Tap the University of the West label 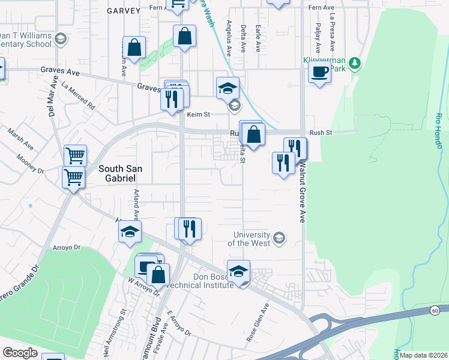click(250, 239)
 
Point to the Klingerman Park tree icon click(355, 62)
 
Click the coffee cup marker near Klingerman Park click(319, 73)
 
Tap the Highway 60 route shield click(435, 310)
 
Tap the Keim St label click(198, 114)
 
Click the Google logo click(20, 353)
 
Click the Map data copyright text click(424, 355)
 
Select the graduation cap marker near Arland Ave click(129, 232)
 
